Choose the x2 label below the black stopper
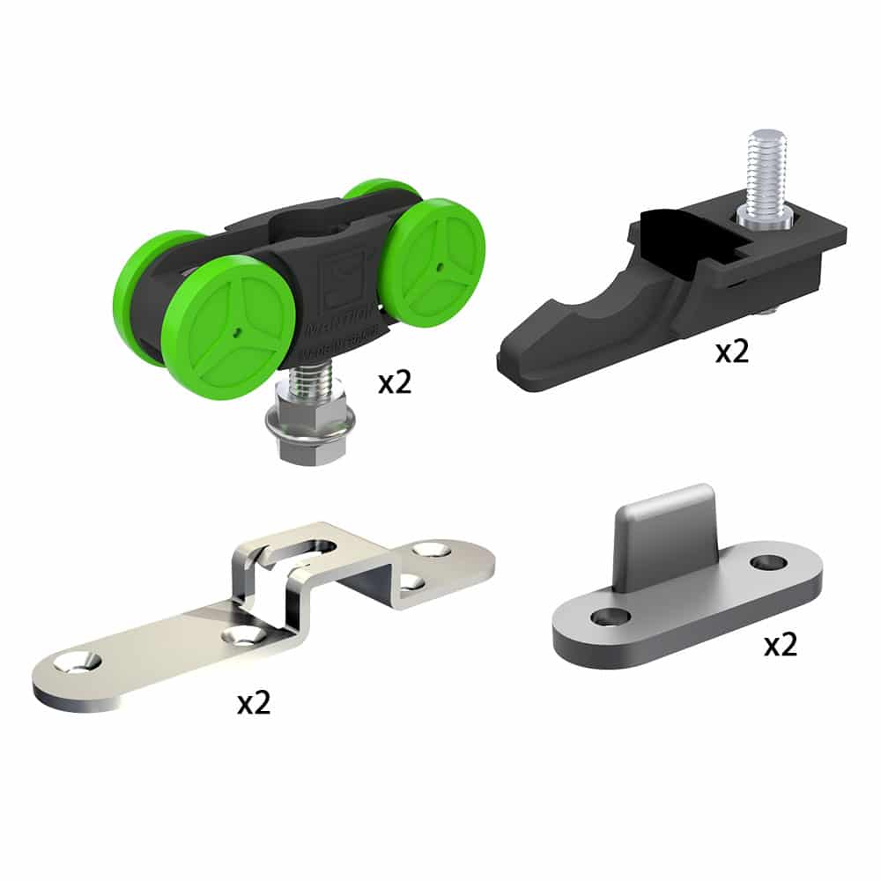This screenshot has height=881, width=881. pos(731,352)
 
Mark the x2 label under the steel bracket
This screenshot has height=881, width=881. pos(253,702)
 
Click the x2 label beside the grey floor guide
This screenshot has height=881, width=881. pos(780,645)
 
